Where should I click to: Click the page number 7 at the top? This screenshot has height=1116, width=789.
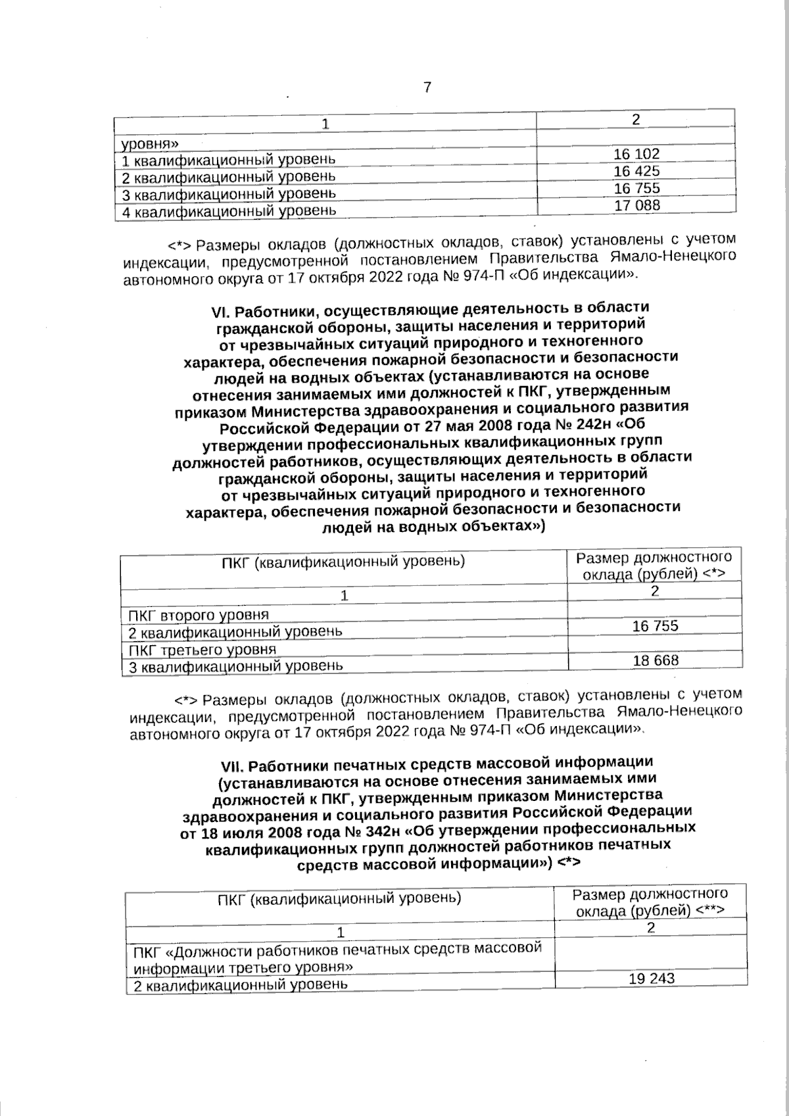tap(427, 87)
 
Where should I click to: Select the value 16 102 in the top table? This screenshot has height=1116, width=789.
tap(636, 155)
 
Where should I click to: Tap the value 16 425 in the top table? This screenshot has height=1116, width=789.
tap(636, 172)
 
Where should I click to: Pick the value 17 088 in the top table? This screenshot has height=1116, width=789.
tap(636, 205)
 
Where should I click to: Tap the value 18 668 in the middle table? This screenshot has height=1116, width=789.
tap(655, 660)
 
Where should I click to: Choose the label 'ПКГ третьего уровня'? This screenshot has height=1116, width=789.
tap(201, 650)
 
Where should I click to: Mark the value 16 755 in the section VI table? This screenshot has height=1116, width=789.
tap(655, 626)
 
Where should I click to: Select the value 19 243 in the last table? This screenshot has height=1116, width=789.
tap(651, 979)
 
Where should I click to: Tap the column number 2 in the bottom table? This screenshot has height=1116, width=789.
tap(650, 929)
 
